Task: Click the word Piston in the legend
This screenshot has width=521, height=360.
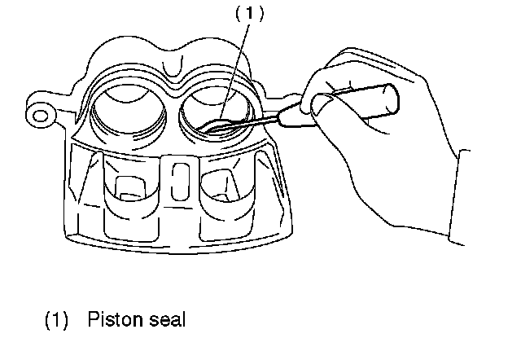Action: (x=109, y=320)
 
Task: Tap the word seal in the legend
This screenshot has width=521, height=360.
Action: (x=163, y=320)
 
